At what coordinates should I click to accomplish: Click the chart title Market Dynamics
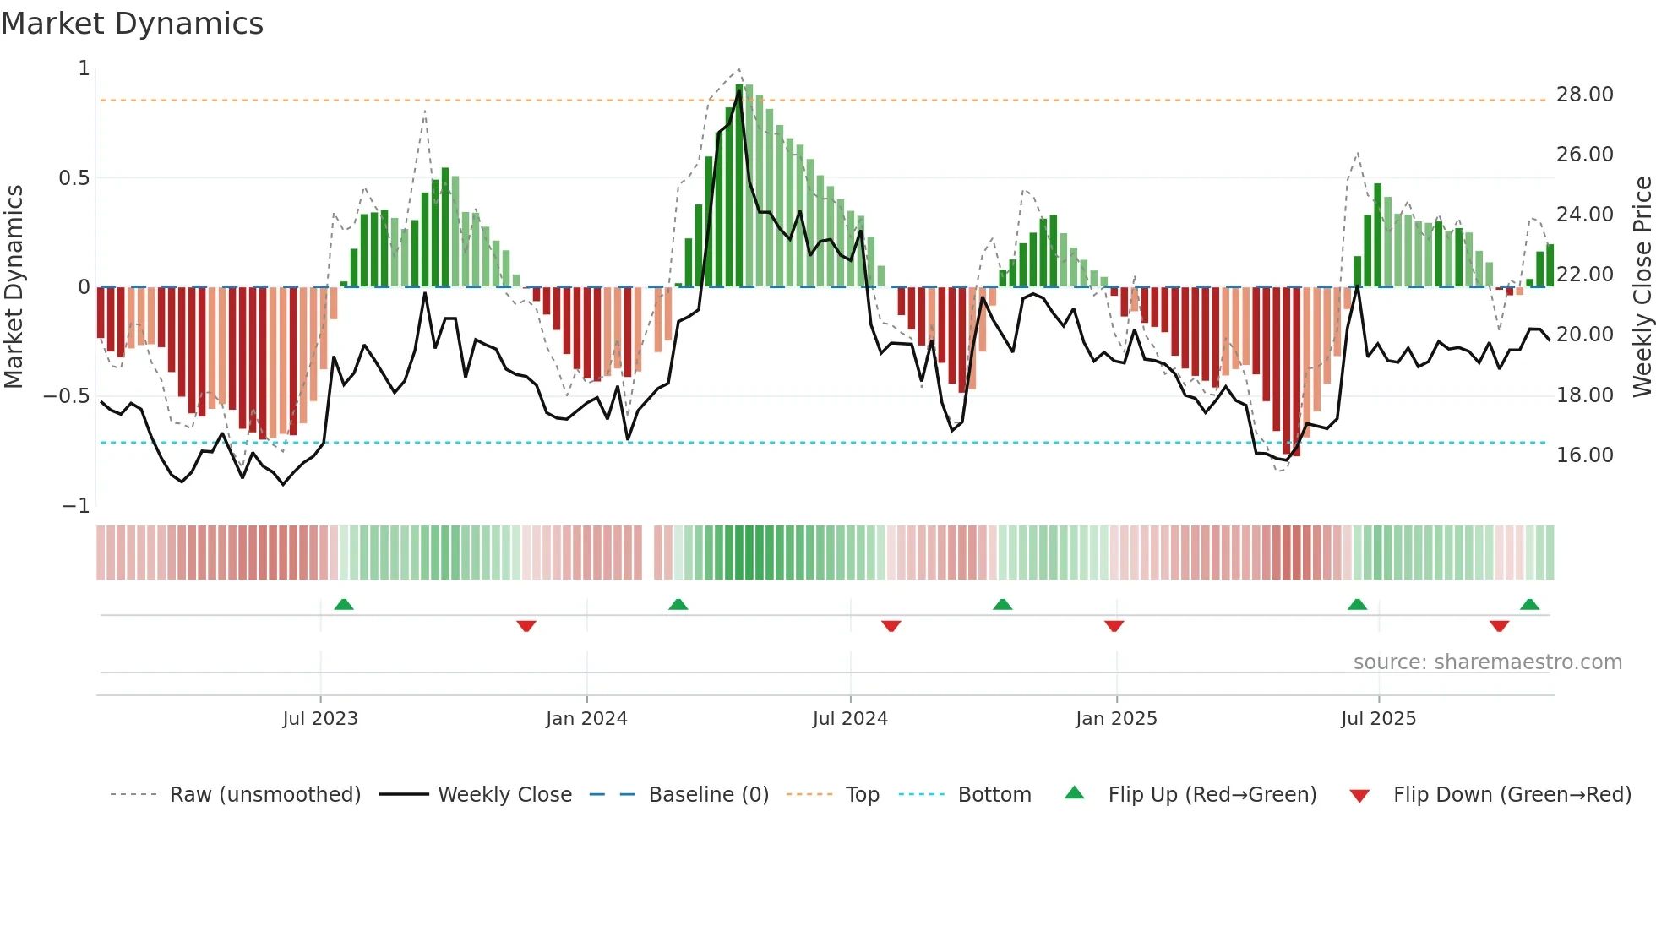point(133,24)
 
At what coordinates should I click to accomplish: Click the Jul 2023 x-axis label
point(320,719)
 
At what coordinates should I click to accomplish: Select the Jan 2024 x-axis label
point(586,719)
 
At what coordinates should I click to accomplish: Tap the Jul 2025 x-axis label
point(1378,719)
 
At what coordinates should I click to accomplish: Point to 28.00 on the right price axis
point(1584,95)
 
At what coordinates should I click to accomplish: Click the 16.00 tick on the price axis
point(1584,455)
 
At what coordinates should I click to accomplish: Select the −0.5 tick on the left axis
point(67,396)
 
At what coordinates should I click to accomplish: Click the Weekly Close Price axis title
point(1642,286)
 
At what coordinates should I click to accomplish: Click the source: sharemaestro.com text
point(1487,662)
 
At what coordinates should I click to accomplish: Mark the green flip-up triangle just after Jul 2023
point(344,605)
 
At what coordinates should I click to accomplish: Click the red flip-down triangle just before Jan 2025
point(1114,626)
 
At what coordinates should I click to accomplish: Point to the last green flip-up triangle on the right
point(1529,605)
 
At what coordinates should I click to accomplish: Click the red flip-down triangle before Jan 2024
point(526,626)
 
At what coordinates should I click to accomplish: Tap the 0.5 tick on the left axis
point(74,178)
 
